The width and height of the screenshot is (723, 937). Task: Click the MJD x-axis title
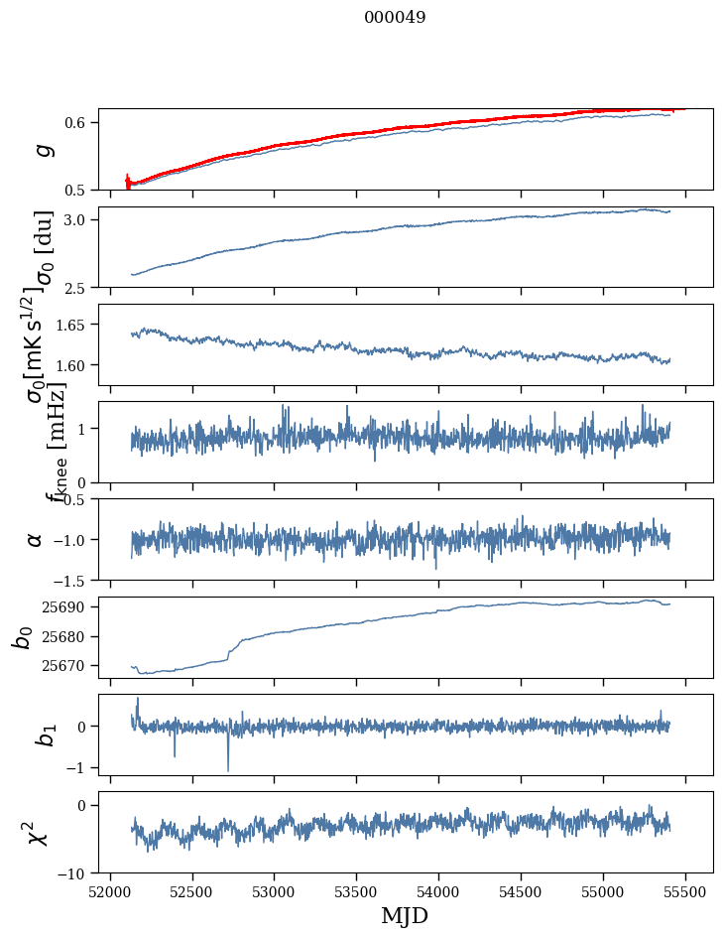[x=405, y=916]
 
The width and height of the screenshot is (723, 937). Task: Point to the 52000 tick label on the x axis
[x=110, y=892]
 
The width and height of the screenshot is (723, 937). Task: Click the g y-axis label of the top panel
[x=41, y=149]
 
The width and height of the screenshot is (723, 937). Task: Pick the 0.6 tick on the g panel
[x=76, y=122]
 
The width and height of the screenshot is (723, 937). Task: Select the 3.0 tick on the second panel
[x=76, y=219]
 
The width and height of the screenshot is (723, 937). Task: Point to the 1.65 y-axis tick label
[x=72, y=325]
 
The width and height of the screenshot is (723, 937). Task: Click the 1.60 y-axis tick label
[x=72, y=365]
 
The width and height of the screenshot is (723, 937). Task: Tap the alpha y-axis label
[x=35, y=539]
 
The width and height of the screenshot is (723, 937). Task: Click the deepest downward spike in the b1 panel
[x=228, y=770]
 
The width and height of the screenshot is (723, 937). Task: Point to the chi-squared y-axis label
[x=37, y=832]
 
